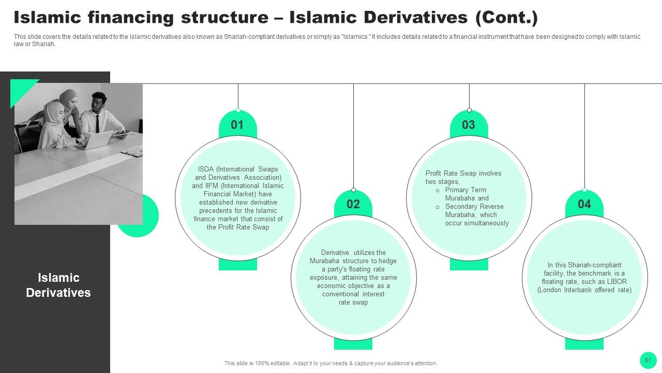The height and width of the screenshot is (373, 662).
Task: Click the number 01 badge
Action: pyautogui.click(x=237, y=125)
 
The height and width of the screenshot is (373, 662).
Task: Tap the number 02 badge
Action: pyautogui.click(x=353, y=204)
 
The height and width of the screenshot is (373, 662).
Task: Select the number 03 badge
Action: pyautogui.click(x=469, y=125)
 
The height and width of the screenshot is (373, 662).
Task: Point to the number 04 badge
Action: pyautogui.click(x=584, y=204)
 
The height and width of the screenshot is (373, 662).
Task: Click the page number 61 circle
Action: pyautogui.click(x=648, y=360)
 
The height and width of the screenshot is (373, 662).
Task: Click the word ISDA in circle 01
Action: pyautogui.click(x=206, y=169)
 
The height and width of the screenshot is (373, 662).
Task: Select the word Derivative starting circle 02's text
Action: pyautogui.click(x=335, y=252)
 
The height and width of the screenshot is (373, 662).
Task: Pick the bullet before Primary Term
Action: pyautogui.click(x=438, y=190)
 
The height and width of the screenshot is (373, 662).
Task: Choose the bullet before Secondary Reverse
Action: pyautogui.click(x=438, y=207)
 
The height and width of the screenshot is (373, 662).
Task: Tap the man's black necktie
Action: pyautogui.click(x=98, y=124)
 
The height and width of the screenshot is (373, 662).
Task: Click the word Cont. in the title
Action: pyautogui.click(x=506, y=17)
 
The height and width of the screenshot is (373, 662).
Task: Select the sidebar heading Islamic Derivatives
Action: pyautogui.click(x=58, y=285)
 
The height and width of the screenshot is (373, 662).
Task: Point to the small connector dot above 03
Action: pyautogui.click(x=469, y=110)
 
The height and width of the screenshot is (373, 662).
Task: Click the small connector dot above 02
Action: pyautogui.click(x=353, y=190)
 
